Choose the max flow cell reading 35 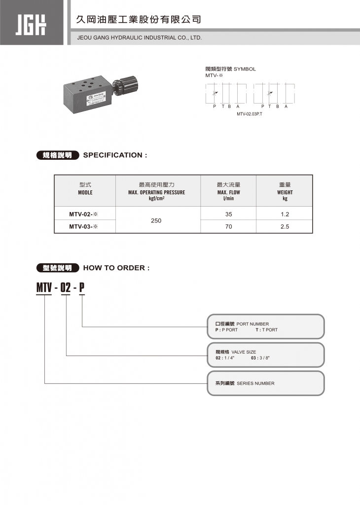pos(228,214)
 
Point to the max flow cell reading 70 pos(228,227)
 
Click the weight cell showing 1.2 pos(285,214)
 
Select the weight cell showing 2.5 pos(285,227)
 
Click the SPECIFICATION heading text pos(115,155)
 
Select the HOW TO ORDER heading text pos(116,268)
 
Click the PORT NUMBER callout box pos(265,326)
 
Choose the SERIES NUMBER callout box pos(265,383)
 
